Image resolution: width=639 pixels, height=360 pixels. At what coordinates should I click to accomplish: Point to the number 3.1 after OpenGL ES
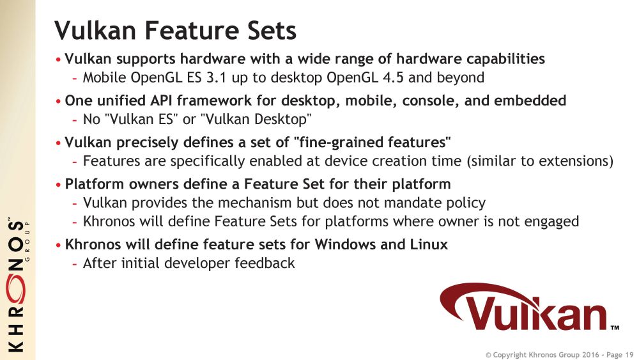coord(216,77)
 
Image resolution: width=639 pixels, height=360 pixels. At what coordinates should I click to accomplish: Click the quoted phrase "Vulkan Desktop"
coord(256,120)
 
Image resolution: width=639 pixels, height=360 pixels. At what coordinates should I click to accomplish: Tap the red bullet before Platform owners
coord(58,185)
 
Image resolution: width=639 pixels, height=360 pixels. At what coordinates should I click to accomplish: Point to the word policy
coord(468,203)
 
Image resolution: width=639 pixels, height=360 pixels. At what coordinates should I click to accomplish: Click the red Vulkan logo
coord(529,308)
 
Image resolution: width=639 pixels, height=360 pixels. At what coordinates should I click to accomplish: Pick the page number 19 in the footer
coord(629,355)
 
